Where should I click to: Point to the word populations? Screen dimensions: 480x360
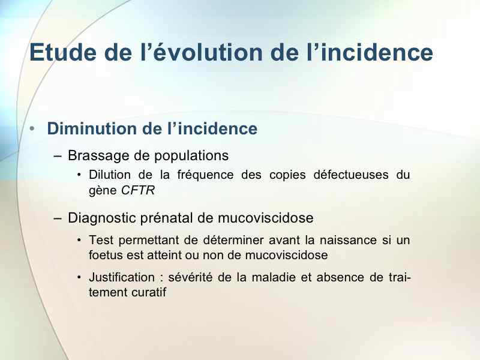pos(191,156)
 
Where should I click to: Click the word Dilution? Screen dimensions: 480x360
pos(110,175)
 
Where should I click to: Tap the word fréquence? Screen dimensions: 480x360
pos(205,175)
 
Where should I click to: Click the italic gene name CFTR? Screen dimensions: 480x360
pos(138,190)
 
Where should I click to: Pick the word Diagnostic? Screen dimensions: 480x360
pos(101,218)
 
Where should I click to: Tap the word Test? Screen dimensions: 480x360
pos(101,241)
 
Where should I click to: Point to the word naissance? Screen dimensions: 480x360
pos(348,241)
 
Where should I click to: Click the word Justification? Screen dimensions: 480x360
pos(122,278)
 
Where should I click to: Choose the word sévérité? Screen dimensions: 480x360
pos(190,277)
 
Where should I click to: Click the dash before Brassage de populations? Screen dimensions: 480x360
pos(57,156)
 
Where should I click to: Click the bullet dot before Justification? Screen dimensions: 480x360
pos(79,277)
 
